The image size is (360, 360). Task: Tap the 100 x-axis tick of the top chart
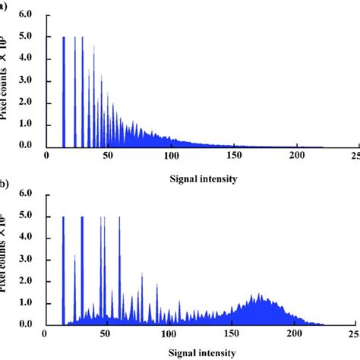172,156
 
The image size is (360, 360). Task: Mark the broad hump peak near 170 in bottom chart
258,295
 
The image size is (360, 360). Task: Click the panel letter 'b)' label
4,185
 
